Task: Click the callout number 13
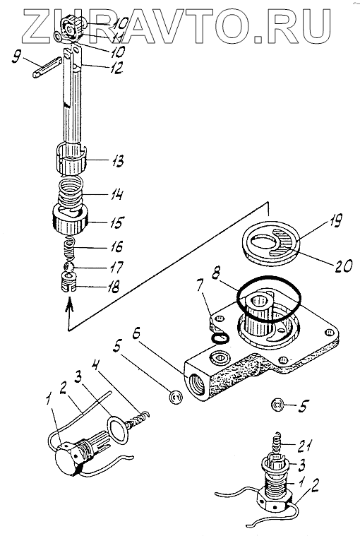click(x=117, y=161)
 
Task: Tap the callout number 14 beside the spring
click(x=116, y=195)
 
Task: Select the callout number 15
click(x=116, y=222)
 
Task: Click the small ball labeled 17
click(x=68, y=267)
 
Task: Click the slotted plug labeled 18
click(x=68, y=283)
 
